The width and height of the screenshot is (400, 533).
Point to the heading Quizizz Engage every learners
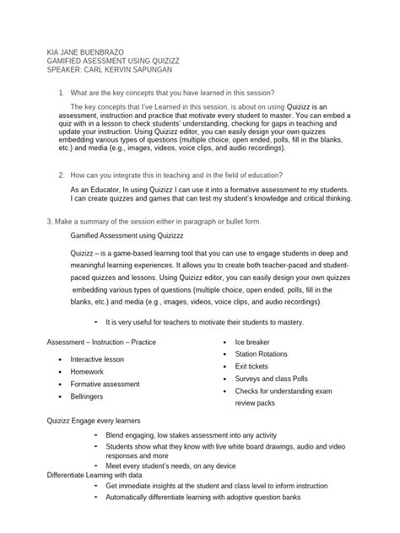[x=93, y=420]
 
